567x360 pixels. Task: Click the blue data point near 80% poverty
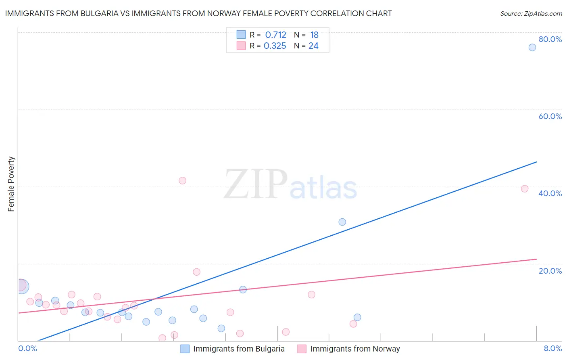click(x=532, y=48)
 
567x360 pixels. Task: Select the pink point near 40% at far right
click(x=524, y=189)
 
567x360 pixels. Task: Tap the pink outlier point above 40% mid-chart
click(x=182, y=181)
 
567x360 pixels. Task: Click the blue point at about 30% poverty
click(x=342, y=222)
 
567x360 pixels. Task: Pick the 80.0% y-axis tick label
click(x=550, y=40)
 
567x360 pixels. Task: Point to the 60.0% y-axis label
click(x=550, y=117)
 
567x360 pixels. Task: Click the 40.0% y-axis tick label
click(x=550, y=194)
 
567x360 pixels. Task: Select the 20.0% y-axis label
click(x=550, y=271)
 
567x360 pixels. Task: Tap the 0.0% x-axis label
click(x=27, y=349)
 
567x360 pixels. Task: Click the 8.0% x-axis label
click(x=552, y=349)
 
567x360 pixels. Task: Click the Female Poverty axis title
click(x=11, y=184)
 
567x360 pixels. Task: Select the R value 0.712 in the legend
click(x=275, y=35)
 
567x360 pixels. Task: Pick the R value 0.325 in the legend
click(x=275, y=46)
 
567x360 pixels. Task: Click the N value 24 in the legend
click(x=313, y=46)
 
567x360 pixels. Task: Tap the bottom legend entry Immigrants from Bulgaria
click(x=238, y=349)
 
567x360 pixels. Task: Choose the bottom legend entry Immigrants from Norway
click(x=355, y=349)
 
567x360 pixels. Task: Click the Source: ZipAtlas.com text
click(x=531, y=14)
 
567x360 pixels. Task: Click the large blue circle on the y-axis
click(x=22, y=286)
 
